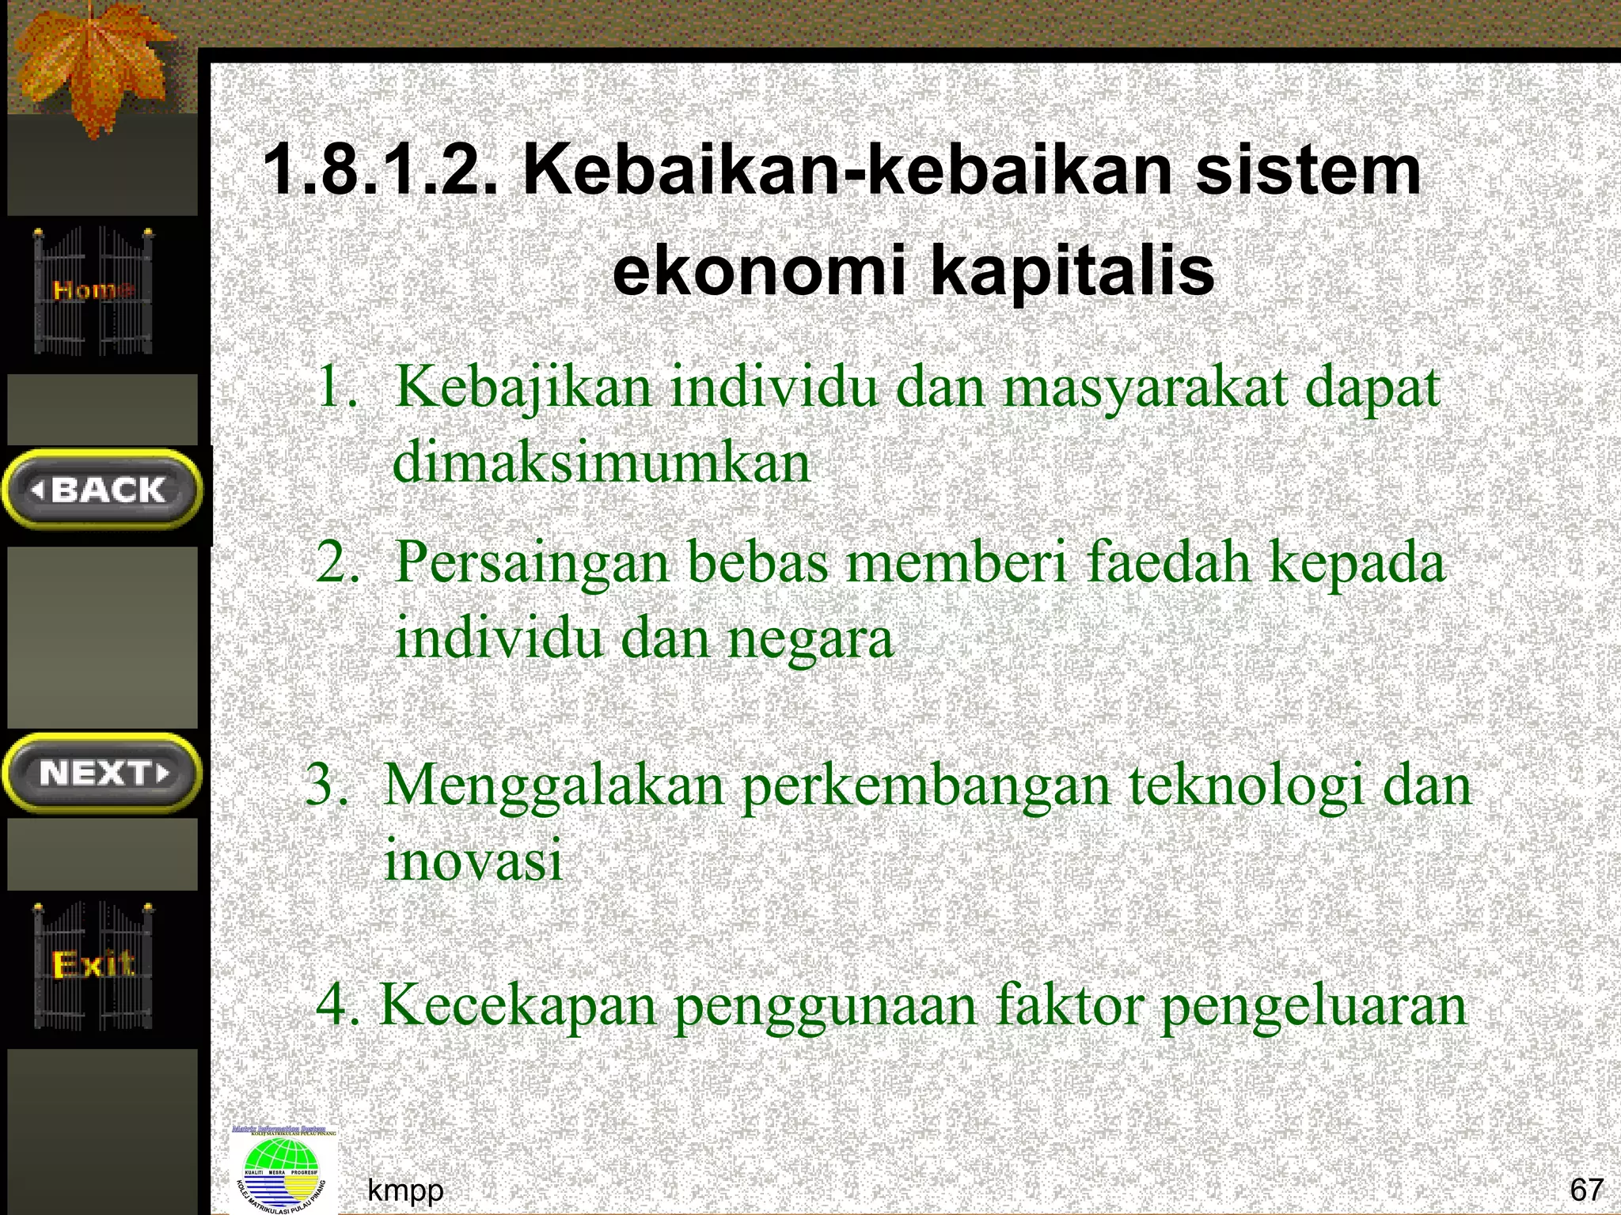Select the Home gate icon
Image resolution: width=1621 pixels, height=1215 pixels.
93,290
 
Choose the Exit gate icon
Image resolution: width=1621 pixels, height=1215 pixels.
93,965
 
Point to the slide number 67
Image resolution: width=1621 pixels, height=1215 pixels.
1586,1189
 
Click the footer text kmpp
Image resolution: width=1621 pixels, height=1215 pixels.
405,1190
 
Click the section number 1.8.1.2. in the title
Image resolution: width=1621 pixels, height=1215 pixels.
381,171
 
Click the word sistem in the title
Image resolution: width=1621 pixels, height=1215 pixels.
1308,171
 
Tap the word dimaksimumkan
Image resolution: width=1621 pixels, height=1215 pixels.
602,462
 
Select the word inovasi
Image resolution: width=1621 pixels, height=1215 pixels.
473,860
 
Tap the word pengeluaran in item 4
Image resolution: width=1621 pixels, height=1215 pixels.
1313,1007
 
